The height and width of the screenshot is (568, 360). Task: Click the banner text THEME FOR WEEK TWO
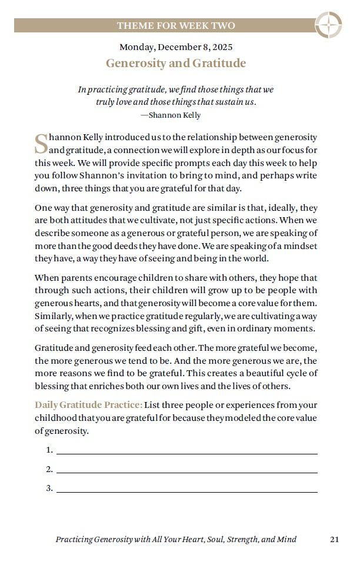pyautogui.click(x=176, y=25)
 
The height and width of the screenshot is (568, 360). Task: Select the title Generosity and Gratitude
pyautogui.click(x=176, y=63)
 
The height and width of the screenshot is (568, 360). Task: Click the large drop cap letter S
pyautogui.click(x=41, y=142)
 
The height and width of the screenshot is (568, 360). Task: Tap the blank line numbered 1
pyautogui.click(x=186, y=451)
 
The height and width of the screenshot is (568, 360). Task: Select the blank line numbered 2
pyautogui.click(x=186, y=470)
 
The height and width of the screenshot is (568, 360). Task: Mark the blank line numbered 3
pyautogui.click(x=186, y=489)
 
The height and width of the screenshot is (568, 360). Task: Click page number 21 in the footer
pyautogui.click(x=334, y=539)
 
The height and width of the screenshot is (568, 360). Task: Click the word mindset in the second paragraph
pyautogui.click(x=302, y=245)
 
